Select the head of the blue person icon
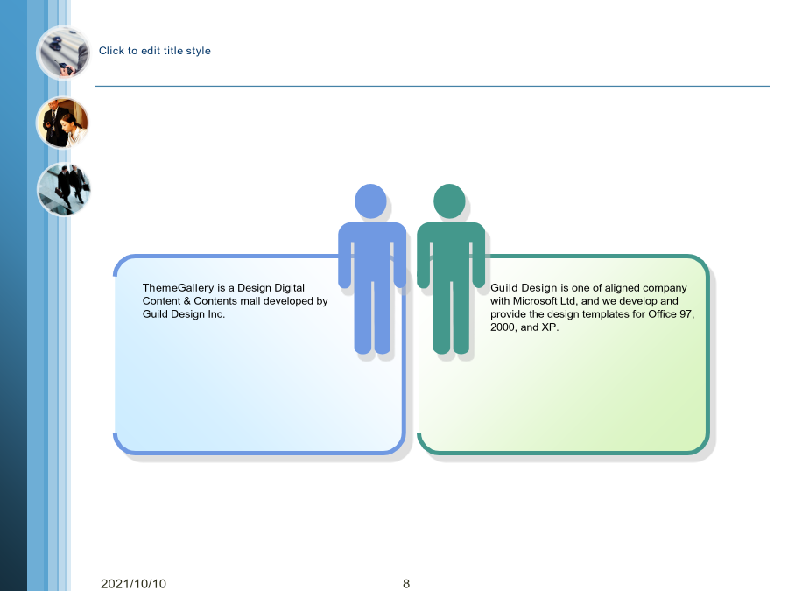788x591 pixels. [371, 201]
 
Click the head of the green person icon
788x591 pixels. [449, 201]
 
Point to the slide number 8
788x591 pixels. [406, 583]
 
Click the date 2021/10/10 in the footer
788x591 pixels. [133, 583]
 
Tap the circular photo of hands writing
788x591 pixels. [63, 53]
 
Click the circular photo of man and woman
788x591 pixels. [62, 123]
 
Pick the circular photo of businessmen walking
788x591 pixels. [63, 189]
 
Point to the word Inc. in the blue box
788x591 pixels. [216, 314]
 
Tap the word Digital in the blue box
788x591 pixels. [289, 288]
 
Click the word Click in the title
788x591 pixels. [111, 51]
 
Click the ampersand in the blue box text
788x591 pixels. [187, 301]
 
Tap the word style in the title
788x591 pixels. [199, 51]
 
